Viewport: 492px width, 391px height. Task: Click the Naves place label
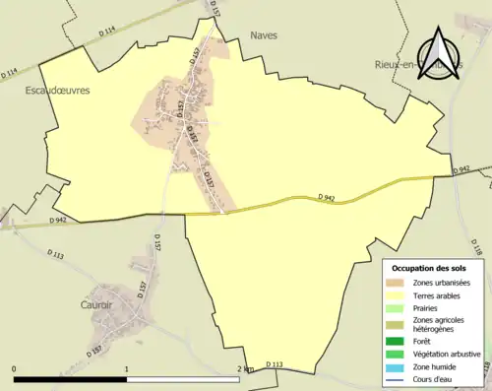tap(264, 34)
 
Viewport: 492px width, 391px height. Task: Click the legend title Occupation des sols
tap(428, 268)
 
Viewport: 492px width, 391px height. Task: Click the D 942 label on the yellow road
tap(327, 198)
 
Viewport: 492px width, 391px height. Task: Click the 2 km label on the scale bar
tap(244, 368)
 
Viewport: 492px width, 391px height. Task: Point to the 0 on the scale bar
tap(15, 368)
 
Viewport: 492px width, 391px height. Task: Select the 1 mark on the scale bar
tap(126, 368)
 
